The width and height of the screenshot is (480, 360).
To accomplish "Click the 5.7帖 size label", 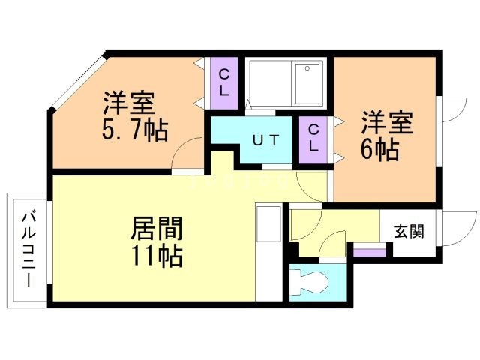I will click(x=134, y=130).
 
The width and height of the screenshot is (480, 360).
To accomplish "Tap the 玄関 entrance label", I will click(x=409, y=231).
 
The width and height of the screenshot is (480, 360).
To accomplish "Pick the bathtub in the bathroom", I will click(x=286, y=84).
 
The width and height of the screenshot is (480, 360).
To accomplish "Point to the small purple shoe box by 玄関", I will click(x=366, y=251).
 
